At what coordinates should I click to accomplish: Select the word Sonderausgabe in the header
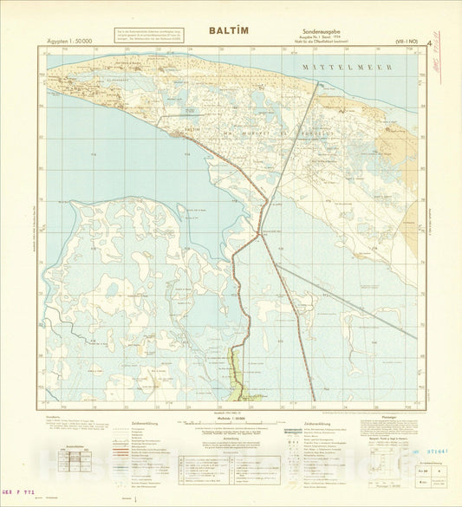[302, 30]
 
